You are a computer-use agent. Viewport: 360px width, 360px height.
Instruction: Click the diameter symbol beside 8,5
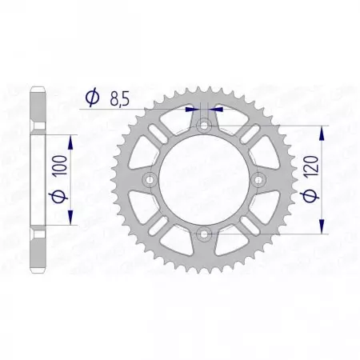(x=91, y=98)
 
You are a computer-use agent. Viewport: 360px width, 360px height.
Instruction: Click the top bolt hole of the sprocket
(x=204, y=126)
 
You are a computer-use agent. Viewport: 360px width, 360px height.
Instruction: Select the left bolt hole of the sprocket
(x=150, y=180)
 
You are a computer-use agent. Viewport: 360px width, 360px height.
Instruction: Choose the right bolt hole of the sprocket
(x=258, y=180)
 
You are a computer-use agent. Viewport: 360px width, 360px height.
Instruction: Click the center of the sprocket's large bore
(x=204, y=180)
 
